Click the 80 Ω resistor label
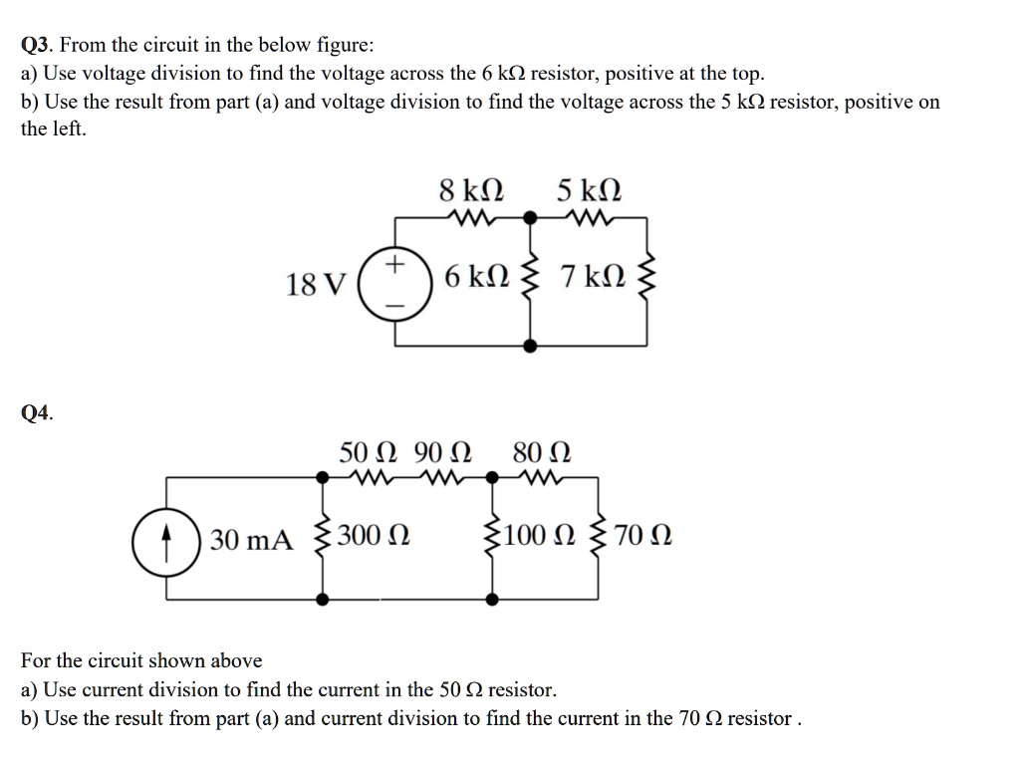[x=541, y=453]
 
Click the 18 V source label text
[x=316, y=285]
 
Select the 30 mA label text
[x=254, y=541]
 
